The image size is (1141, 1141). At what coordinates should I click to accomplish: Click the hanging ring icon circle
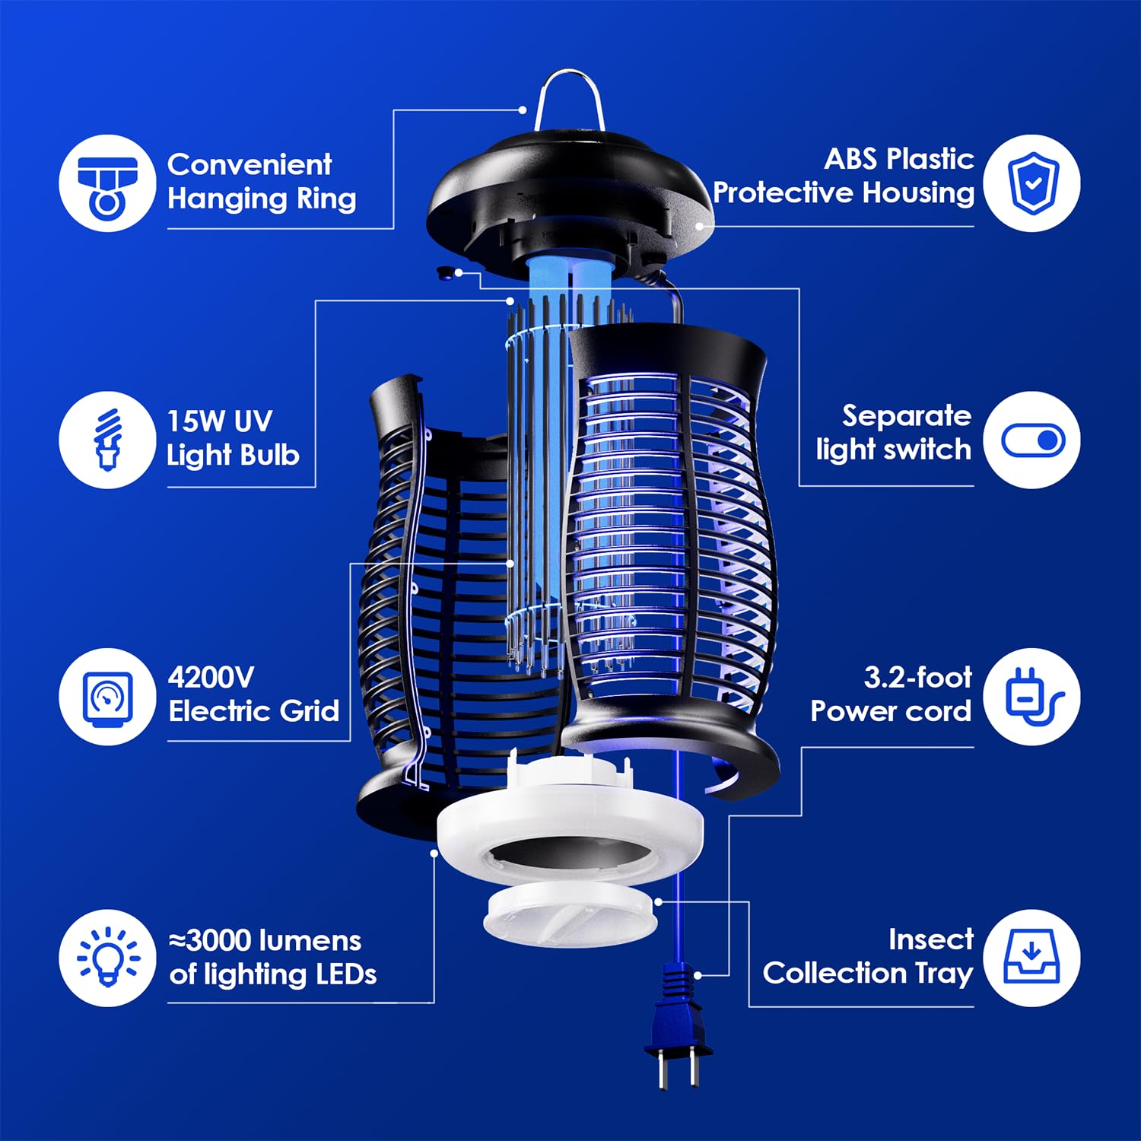tap(107, 183)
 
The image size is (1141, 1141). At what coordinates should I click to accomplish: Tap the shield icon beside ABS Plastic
tap(1031, 183)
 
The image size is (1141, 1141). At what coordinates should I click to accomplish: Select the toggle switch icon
tap(1031, 440)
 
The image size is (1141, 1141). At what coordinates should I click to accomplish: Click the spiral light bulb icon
tap(107, 440)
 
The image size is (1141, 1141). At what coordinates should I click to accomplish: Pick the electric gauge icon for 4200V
tap(107, 697)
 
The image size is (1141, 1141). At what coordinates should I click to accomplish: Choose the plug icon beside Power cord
tap(1031, 697)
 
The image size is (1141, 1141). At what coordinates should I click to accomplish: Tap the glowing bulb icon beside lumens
tap(107, 958)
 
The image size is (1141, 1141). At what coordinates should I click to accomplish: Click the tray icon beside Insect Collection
tap(1031, 958)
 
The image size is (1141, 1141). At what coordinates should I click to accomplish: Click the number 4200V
tap(211, 677)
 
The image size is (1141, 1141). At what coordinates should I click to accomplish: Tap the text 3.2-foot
tap(917, 677)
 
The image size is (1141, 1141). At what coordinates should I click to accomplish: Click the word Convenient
tap(249, 164)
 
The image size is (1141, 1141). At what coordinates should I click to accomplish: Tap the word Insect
tap(931, 939)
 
